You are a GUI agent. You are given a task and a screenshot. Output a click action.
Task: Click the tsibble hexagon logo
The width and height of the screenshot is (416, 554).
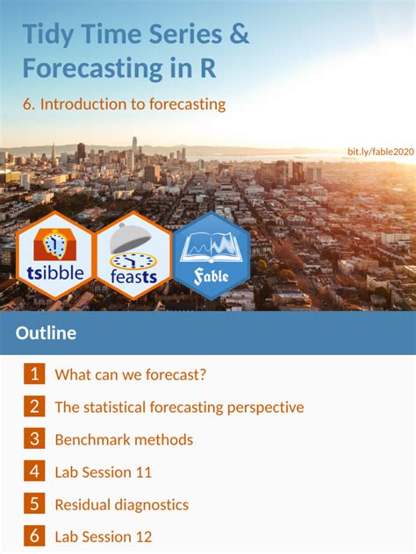pyautogui.click(x=56, y=255)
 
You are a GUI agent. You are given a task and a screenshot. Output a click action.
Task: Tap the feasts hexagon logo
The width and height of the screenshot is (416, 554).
pyautogui.click(x=133, y=255)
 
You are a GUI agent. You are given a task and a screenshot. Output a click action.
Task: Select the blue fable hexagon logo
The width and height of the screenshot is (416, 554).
pyautogui.click(x=212, y=255)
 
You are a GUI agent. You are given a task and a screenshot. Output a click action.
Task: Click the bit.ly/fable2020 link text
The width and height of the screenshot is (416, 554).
pyautogui.click(x=380, y=152)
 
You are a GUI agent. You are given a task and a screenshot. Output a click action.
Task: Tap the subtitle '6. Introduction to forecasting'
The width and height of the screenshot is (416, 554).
pyautogui.click(x=124, y=104)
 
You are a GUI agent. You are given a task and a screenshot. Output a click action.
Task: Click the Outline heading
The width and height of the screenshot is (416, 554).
pyautogui.click(x=46, y=333)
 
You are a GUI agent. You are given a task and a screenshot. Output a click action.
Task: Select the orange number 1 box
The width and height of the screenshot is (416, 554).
pyautogui.click(x=34, y=374)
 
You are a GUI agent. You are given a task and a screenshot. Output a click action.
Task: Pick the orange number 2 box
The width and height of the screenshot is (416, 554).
pyautogui.click(x=34, y=407)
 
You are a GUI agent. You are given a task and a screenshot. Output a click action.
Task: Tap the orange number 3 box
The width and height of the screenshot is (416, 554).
pyautogui.click(x=34, y=439)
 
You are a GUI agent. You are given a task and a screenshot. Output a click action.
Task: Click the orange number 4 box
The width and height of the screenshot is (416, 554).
pyautogui.click(x=34, y=472)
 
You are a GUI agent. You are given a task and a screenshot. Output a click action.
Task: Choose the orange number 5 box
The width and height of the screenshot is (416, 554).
pyautogui.click(x=34, y=504)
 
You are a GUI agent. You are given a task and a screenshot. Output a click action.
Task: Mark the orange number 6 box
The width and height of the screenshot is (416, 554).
pyautogui.click(x=34, y=536)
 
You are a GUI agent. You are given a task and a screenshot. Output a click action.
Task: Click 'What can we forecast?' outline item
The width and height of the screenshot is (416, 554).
pyautogui.click(x=131, y=375)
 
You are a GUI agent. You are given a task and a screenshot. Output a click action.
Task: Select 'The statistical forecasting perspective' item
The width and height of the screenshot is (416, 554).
pyautogui.click(x=179, y=408)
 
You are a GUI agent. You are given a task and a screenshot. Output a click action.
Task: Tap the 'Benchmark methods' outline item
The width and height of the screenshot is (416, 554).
pyautogui.click(x=124, y=440)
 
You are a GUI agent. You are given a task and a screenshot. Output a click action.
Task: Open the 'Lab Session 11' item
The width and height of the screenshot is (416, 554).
pyautogui.click(x=104, y=472)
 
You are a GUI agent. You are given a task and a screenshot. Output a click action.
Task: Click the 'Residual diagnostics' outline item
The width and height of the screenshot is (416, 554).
pyautogui.click(x=121, y=505)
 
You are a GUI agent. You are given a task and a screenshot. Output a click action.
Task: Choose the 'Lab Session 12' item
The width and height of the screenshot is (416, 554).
pyautogui.click(x=104, y=536)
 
